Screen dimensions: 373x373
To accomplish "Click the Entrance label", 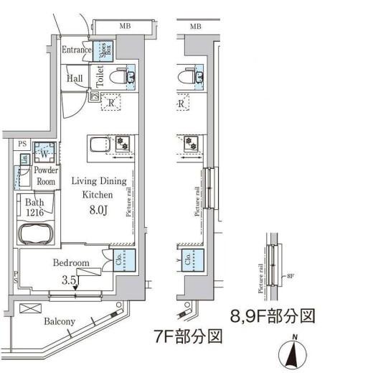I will point(77,50).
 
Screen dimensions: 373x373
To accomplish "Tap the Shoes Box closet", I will point(105,50).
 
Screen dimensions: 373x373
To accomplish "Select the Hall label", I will point(75,78).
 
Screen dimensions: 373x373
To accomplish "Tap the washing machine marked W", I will point(44,153).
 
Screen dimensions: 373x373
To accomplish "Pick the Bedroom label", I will point(71,263).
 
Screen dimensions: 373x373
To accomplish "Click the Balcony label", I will point(59,321).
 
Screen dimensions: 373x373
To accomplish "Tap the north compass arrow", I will point(293,353).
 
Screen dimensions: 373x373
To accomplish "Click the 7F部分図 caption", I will point(189,336).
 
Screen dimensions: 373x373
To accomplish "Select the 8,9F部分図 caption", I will point(273,315).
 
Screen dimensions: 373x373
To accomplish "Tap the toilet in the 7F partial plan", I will point(192,76).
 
